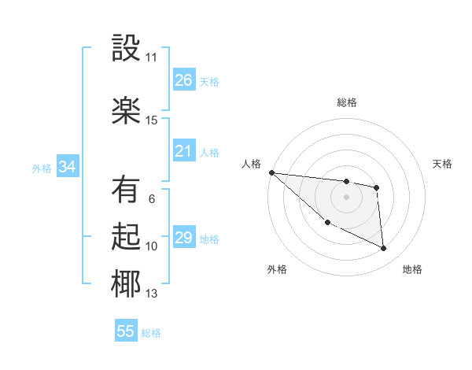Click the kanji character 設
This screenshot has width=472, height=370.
pyautogui.click(x=126, y=49)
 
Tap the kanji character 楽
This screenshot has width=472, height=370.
pyautogui.click(x=126, y=110)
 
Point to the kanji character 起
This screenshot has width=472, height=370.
pyautogui.click(x=126, y=237)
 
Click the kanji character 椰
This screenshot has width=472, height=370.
pyautogui.click(x=126, y=285)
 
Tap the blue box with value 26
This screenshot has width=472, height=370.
pyautogui.click(x=183, y=80)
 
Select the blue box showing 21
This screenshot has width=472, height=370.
pyautogui.click(x=183, y=151)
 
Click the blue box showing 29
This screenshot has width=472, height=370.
pyautogui.click(x=183, y=238)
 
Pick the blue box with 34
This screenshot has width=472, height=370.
pyautogui.click(x=67, y=167)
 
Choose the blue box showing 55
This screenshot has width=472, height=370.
pyautogui.click(x=126, y=331)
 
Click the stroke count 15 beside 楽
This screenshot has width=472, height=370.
pyautogui.click(x=152, y=120)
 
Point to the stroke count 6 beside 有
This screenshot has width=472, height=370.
pyautogui.click(x=152, y=199)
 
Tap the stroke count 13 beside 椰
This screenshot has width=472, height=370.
pyautogui.click(x=152, y=294)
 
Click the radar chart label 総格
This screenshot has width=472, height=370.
pyautogui.click(x=346, y=102)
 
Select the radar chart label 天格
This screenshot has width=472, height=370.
pyautogui.click(x=442, y=164)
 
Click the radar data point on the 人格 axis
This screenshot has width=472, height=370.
pyautogui.click(x=271, y=172)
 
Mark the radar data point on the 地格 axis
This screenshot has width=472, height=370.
pyautogui.click(x=384, y=249)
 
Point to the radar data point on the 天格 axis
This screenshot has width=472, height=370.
pyautogui.click(x=377, y=187)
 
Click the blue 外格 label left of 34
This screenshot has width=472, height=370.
pyautogui.click(x=42, y=168)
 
